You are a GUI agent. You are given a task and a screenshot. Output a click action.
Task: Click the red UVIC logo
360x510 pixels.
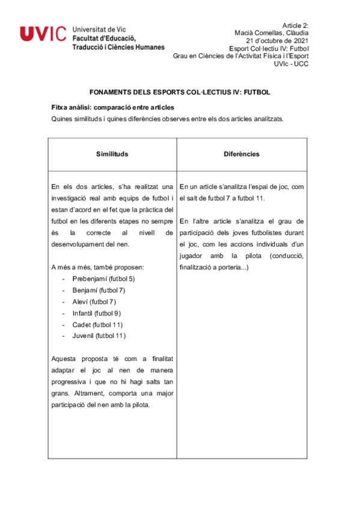coord(43,34)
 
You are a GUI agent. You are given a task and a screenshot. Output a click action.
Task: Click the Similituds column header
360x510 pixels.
coord(112,154)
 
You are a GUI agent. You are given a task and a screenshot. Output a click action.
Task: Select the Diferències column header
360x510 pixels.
coord(242,154)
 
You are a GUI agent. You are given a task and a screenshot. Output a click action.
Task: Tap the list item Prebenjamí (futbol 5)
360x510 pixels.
coord(103,279)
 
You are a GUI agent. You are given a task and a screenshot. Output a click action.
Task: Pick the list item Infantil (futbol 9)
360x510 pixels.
coord(97,313)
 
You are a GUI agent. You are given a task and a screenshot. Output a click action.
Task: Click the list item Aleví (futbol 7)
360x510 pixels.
coord(94,301)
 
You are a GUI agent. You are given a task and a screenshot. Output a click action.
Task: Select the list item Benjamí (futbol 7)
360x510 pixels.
coord(99,290)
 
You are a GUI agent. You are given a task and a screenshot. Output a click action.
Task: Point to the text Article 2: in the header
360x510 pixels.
coord(294,25)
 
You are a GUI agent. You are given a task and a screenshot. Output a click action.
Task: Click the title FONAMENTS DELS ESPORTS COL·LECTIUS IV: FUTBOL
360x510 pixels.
coord(180,93)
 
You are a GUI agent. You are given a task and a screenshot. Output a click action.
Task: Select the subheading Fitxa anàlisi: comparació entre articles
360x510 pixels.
coord(112,107)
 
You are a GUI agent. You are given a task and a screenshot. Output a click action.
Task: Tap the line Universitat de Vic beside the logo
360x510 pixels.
coord(99,29)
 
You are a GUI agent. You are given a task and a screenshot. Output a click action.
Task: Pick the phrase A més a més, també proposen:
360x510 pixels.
coord(98,267)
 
